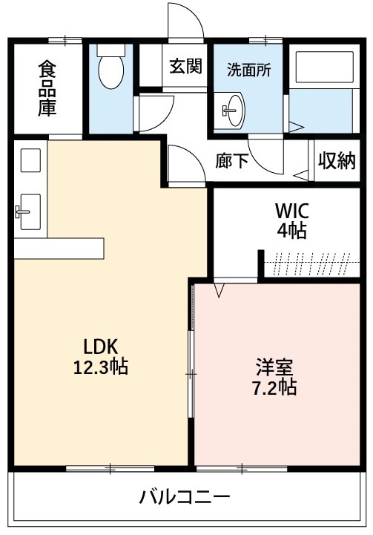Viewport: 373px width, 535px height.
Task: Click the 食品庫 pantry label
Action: click(x=48, y=88)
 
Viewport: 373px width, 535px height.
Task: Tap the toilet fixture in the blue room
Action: click(x=111, y=68)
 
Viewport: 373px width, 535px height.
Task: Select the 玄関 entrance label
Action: click(x=185, y=67)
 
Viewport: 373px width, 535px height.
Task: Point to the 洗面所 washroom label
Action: click(x=248, y=71)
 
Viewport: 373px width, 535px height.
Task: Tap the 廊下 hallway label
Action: click(x=232, y=161)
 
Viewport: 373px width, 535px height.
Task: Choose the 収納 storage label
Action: click(x=337, y=160)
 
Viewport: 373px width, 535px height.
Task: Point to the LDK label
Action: click(x=102, y=346)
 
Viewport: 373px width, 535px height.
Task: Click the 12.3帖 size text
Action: click(x=102, y=366)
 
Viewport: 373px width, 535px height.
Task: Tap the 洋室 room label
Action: click(x=275, y=367)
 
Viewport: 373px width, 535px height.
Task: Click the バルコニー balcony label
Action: click(x=185, y=496)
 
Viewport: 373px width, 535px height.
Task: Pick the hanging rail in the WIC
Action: click(x=311, y=260)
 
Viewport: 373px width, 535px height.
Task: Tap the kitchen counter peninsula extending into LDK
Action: click(x=59, y=248)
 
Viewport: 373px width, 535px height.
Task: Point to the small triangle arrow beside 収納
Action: click(x=301, y=176)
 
